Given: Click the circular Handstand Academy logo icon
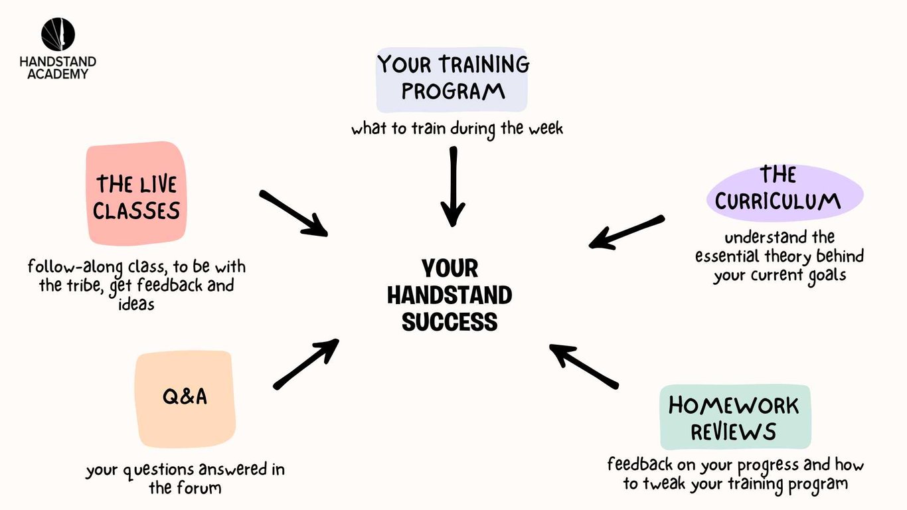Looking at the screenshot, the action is click(x=58, y=34).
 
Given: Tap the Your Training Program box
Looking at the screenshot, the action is click(x=452, y=80).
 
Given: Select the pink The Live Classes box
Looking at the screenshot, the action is click(x=137, y=194).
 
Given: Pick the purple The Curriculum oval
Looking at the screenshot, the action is click(x=785, y=193).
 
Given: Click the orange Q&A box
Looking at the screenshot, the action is click(x=185, y=399).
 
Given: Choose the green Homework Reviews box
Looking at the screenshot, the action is click(x=735, y=417).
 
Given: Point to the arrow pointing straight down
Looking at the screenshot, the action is click(x=453, y=187).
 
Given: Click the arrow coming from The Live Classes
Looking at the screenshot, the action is click(x=293, y=213).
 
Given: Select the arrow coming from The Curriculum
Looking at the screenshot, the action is click(x=627, y=232).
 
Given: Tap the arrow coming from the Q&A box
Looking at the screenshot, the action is click(x=306, y=364).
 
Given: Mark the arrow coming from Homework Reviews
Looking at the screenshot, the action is click(x=584, y=366).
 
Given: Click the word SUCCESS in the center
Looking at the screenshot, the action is click(x=450, y=322).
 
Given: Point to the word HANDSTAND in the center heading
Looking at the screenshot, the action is click(x=450, y=296).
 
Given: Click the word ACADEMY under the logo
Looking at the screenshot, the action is click(x=58, y=74).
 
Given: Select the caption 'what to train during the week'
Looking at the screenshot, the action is click(x=457, y=129).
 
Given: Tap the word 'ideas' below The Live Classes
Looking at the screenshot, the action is click(x=137, y=303).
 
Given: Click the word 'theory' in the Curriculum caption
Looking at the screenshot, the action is click(x=788, y=257).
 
